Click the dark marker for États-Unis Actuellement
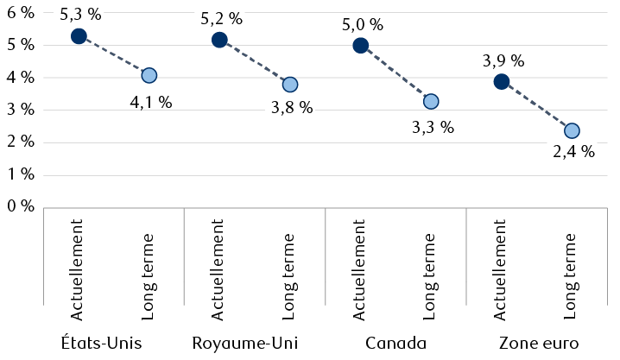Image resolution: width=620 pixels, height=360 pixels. pyautogui.click(x=79, y=36)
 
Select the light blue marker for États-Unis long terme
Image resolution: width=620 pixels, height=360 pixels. pyautogui.click(x=149, y=76)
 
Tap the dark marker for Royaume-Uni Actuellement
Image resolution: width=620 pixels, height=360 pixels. pyautogui.click(x=219, y=40)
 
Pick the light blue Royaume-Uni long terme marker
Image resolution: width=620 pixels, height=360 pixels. pyautogui.click(x=290, y=85)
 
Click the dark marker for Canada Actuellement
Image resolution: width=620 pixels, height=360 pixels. pyautogui.click(x=361, y=46)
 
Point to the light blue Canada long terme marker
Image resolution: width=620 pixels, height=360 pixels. pyautogui.click(x=431, y=101)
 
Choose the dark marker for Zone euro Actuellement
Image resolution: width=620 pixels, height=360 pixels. pyautogui.click(x=502, y=81)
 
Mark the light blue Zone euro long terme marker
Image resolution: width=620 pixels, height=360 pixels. pyautogui.click(x=572, y=130)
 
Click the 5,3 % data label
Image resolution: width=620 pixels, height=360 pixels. pyautogui.click(x=79, y=15)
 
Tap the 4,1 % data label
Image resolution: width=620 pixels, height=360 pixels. pyautogui.click(x=150, y=102)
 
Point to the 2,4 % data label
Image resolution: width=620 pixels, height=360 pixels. pyautogui.click(x=573, y=152)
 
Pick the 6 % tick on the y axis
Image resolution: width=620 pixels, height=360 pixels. pyautogui.click(x=20, y=13)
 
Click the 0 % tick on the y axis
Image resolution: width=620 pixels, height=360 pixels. pyautogui.click(x=20, y=206)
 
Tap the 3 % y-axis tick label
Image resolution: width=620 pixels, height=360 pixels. pyautogui.click(x=20, y=110)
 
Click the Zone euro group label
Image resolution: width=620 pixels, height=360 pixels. pyautogui.click(x=536, y=343)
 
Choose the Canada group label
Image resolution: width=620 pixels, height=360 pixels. pyautogui.click(x=395, y=343)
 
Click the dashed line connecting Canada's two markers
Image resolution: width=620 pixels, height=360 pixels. pyautogui.click(x=395, y=73)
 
